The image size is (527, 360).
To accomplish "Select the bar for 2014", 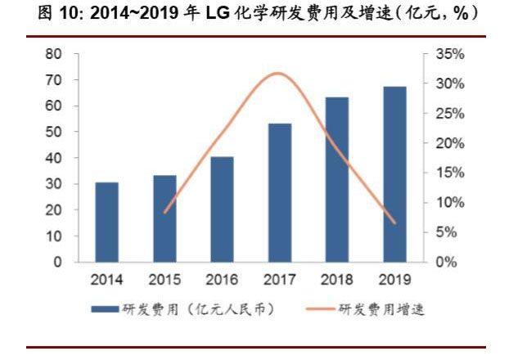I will (106, 222).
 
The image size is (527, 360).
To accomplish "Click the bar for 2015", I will (164, 218).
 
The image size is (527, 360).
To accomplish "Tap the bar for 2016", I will (222, 209).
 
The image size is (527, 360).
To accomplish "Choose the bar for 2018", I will (337, 179).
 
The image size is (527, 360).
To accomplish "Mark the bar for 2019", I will (395, 174).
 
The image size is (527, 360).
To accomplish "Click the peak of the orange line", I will (278, 74).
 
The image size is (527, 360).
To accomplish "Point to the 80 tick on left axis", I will (53, 54).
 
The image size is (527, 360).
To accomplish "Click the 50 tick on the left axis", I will (53, 132).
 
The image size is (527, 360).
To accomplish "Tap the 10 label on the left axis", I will (53, 236).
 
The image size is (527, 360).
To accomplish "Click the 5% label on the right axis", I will (448, 232).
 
